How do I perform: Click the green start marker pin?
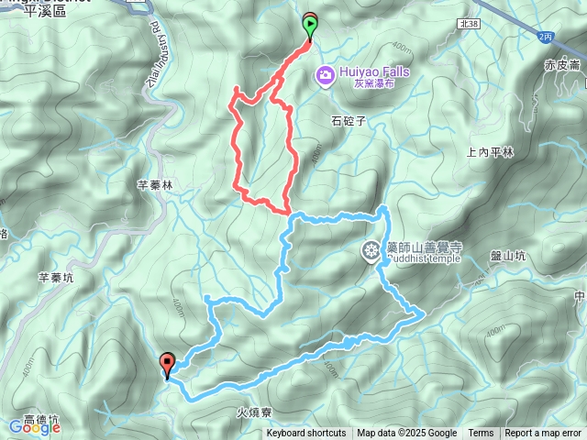310,26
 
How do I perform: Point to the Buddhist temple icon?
371,249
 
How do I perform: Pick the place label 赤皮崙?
561,65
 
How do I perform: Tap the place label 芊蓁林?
155,184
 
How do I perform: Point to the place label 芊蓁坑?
56,276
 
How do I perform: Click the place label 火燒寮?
255,413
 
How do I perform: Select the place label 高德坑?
41,420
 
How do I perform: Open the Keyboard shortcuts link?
306,434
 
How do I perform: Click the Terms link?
481,434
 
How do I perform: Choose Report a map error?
543,434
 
